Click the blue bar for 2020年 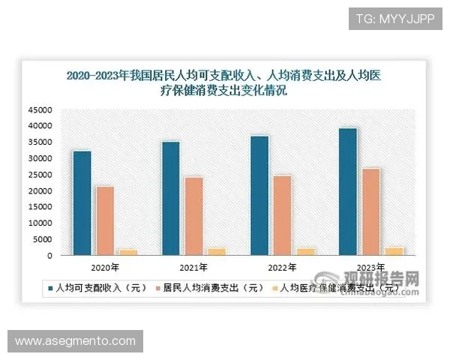click(x=82, y=203)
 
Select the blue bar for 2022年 click(x=259, y=196)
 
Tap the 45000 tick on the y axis click(x=39, y=110)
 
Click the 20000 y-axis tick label click(x=39, y=191)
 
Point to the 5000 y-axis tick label click(x=41, y=239)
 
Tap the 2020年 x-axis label click(x=105, y=267)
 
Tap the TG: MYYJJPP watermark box click(x=395, y=17)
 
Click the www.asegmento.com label click(x=75, y=341)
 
